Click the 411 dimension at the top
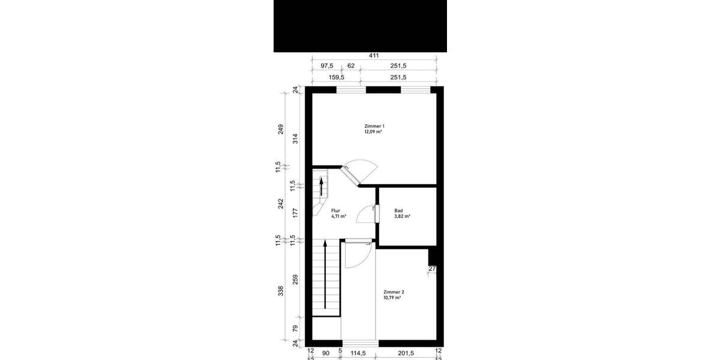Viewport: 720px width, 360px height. tap(373, 56)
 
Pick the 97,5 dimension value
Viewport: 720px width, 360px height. tap(326, 67)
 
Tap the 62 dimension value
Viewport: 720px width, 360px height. tap(351, 67)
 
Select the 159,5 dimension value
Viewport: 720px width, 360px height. tap(335, 77)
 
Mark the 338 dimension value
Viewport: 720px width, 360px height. tap(280, 292)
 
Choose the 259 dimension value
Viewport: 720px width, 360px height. tap(295, 280)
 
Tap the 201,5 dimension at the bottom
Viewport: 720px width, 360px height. tap(406, 352)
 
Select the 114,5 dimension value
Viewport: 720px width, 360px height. tap(359, 352)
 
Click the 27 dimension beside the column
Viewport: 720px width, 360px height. tap(431, 269)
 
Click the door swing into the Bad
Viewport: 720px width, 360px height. tap(365, 214)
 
